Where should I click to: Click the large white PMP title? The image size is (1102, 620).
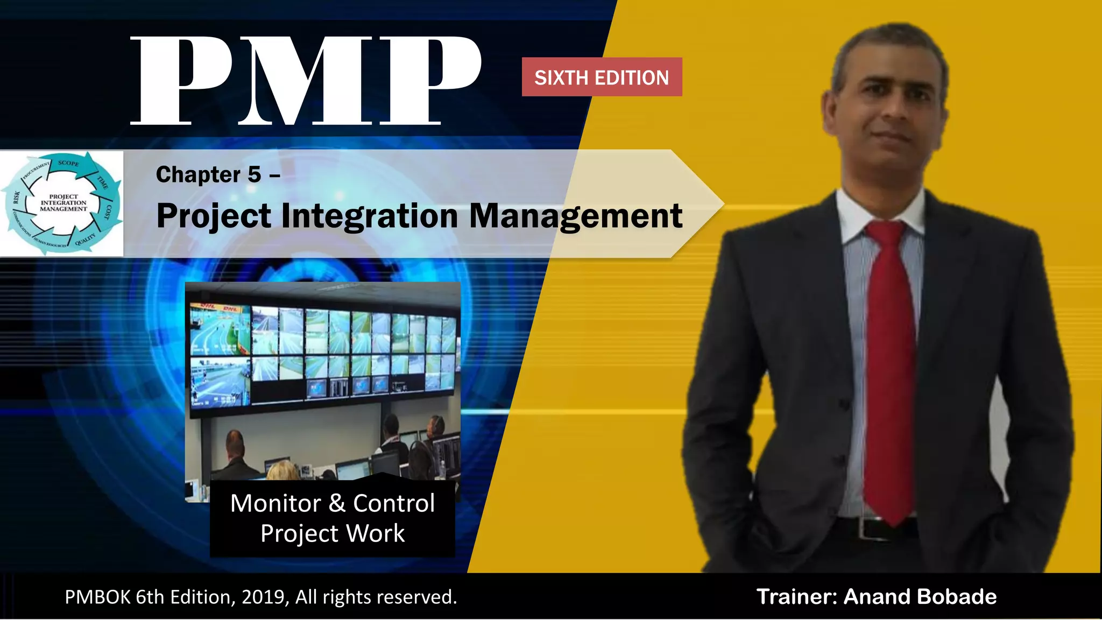click(305, 81)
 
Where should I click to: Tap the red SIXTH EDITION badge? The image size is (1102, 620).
click(602, 77)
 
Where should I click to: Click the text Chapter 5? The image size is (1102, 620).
click(209, 175)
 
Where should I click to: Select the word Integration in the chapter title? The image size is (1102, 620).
click(370, 216)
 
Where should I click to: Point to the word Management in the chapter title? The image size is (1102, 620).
click(576, 216)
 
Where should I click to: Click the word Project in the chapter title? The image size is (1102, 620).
click(214, 216)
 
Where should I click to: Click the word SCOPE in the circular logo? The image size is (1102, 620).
click(68, 163)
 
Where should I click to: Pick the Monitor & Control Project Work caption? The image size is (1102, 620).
click(333, 518)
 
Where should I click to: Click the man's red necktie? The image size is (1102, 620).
click(891, 366)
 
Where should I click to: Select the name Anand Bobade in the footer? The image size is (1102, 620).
click(920, 597)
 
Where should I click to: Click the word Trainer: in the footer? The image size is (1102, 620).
click(797, 597)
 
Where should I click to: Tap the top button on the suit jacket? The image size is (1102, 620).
click(841, 403)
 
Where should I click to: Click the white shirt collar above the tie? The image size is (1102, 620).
click(861, 213)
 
